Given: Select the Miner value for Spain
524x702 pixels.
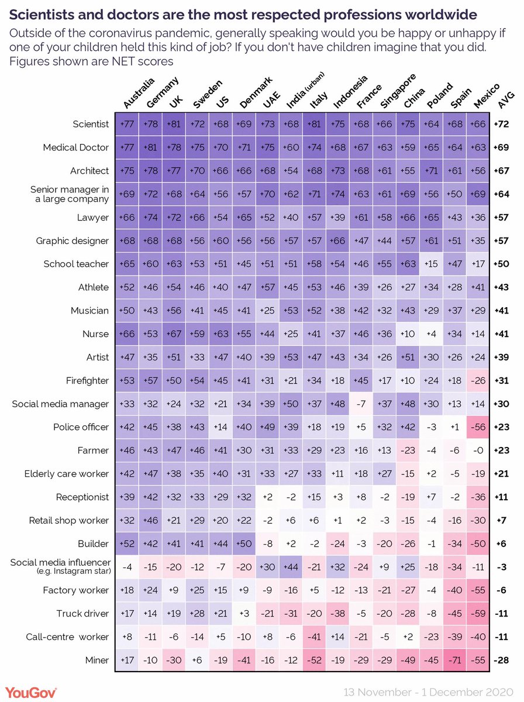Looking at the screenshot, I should (455, 660).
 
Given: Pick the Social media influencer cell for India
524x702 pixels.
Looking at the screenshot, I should (291, 566).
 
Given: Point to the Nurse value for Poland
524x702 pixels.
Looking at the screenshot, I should (432, 334).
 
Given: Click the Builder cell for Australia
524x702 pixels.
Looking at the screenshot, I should (127, 543).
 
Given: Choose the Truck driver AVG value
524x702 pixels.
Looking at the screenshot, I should (501, 614).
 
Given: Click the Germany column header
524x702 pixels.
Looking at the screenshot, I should (159, 94).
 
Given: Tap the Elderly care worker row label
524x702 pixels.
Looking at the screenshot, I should (67, 474).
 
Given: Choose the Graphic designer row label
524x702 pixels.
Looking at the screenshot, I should (72, 240).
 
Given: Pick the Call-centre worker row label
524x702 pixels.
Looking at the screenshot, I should (69, 636).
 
